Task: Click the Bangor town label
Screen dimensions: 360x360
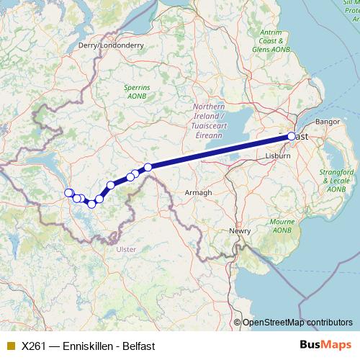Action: tap(327, 122)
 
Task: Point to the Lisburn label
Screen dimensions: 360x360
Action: tap(277, 156)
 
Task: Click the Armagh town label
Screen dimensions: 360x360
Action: tap(198, 193)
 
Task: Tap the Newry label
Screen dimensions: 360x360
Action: tap(240, 231)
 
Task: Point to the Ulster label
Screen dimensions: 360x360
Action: tap(125, 249)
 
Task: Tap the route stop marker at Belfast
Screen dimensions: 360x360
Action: tap(292, 136)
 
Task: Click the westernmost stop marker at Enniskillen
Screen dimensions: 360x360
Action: tap(68, 192)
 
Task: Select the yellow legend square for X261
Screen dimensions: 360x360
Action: tap(10, 346)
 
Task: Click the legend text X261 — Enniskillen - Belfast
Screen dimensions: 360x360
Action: tap(88, 346)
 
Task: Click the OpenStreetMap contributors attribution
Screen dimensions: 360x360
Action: tap(297, 323)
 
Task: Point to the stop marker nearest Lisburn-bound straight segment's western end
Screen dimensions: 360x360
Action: tap(148, 167)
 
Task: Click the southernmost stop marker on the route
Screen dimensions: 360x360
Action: tap(91, 204)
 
